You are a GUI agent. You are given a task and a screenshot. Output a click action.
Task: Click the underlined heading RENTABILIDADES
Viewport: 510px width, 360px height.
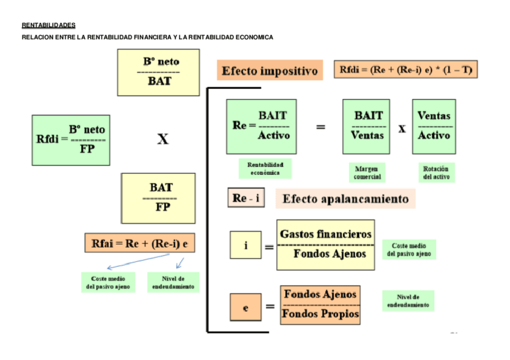(49, 25)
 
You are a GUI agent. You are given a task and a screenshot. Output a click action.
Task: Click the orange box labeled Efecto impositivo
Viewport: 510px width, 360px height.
(269, 71)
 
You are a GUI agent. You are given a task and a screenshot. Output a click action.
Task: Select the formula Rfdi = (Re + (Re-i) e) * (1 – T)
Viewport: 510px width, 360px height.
(406, 70)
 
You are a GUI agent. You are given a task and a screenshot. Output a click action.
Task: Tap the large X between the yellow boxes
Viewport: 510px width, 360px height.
(162, 139)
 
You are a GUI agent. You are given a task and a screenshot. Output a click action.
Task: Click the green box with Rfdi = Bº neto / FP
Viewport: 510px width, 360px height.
(71, 139)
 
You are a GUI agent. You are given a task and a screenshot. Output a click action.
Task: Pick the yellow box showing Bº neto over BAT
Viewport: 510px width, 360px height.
(158, 72)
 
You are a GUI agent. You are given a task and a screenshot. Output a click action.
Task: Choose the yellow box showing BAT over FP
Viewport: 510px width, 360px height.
(158, 198)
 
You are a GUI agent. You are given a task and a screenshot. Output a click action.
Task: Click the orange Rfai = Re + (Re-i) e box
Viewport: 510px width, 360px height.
(143, 243)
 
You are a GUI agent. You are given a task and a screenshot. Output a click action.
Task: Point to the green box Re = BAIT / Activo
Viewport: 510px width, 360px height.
(261, 126)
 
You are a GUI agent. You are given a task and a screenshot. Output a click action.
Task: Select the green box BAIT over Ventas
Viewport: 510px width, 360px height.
(366, 126)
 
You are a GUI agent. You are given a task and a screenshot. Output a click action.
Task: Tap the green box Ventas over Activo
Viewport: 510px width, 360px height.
(434, 126)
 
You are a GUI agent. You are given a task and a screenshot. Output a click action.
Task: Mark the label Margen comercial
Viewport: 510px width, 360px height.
(366, 172)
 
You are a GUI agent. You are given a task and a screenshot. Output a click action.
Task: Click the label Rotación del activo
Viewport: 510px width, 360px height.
(436, 172)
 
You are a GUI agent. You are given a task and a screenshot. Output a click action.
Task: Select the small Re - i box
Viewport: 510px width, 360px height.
(245, 198)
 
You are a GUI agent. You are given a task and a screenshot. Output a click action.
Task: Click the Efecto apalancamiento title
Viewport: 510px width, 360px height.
(345, 198)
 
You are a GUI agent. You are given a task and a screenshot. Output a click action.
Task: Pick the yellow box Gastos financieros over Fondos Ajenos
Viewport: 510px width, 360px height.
(325, 244)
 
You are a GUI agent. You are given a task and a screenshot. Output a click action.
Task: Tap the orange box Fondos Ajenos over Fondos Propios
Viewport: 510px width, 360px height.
(321, 305)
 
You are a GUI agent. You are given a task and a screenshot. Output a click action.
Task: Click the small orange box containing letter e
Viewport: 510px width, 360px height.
(245, 307)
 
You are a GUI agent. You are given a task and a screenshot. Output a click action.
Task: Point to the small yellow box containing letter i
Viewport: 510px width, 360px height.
(245, 245)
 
